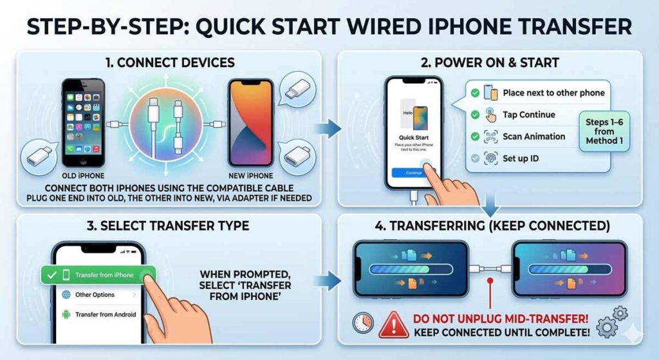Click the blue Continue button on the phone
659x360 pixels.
tap(414, 173)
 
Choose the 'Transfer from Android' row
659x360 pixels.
tap(103, 315)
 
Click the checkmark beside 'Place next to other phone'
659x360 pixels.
tap(475, 93)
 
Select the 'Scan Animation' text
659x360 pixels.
tap(534, 137)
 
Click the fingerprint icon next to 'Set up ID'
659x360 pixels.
tap(490, 158)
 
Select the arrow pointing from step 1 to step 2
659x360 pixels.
tap(331, 128)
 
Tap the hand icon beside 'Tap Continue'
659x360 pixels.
tap(491, 115)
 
